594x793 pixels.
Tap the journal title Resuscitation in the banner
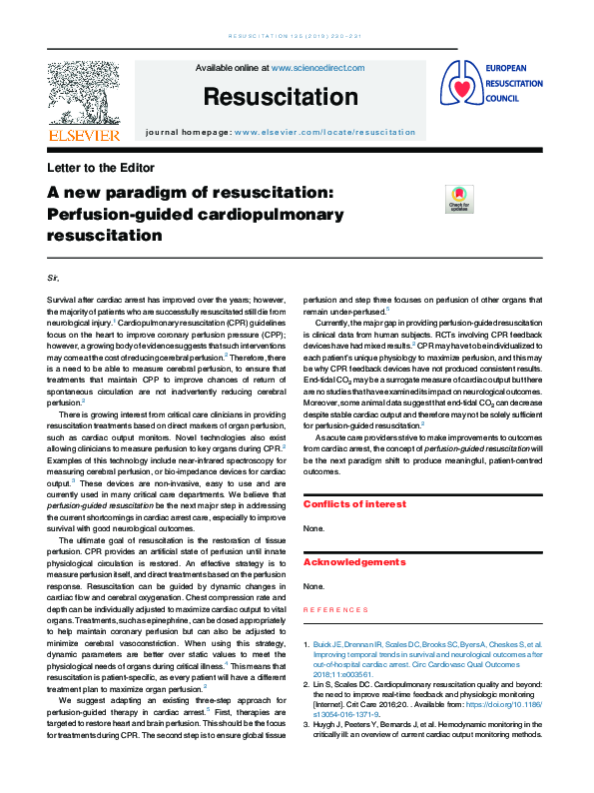click(x=280, y=97)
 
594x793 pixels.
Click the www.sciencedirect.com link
click(x=317, y=68)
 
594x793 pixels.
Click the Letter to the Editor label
click(x=101, y=168)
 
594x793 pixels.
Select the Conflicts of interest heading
click(x=354, y=504)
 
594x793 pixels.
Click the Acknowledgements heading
click(x=354, y=562)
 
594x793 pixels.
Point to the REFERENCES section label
click(x=334, y=608)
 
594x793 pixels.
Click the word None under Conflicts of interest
click(x=312, y=528)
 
